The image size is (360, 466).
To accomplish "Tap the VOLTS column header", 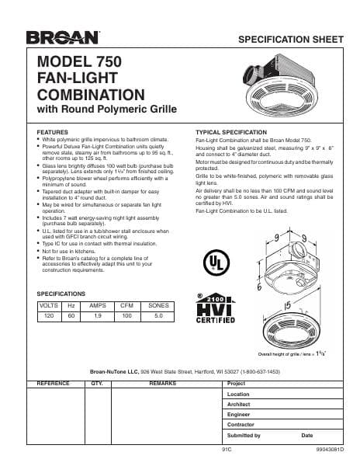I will (49, 306).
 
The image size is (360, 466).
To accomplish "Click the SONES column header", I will (158, 306).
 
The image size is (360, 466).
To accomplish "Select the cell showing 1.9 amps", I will (98, 317).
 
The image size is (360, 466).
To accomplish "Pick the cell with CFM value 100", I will (126, 317).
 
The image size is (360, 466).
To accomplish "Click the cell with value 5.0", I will (158, 317).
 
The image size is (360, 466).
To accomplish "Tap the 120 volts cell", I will (49, 317).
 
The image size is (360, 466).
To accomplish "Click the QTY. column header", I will (98, 384).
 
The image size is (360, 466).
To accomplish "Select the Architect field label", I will (238, 405).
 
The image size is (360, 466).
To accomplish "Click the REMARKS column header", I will (162, 384).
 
